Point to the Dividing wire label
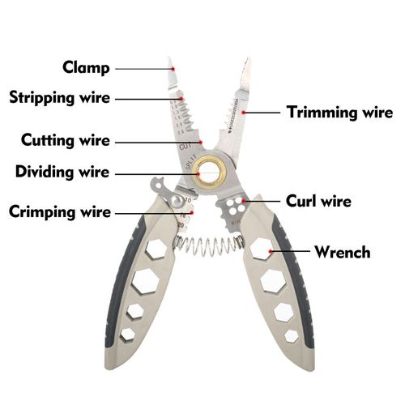(62, 172)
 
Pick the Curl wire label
(318, 200)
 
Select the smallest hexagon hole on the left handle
(128, 334)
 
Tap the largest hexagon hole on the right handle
(271, 279)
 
